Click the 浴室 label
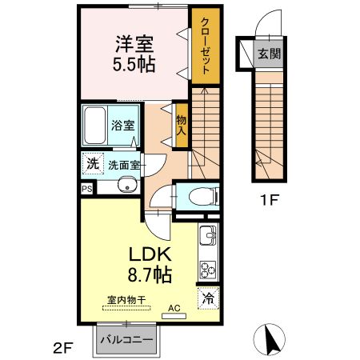[x=122, y=126]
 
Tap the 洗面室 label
[x=124, y=165]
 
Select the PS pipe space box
[x=86, y=189]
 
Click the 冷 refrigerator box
[x=207, y=298]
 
